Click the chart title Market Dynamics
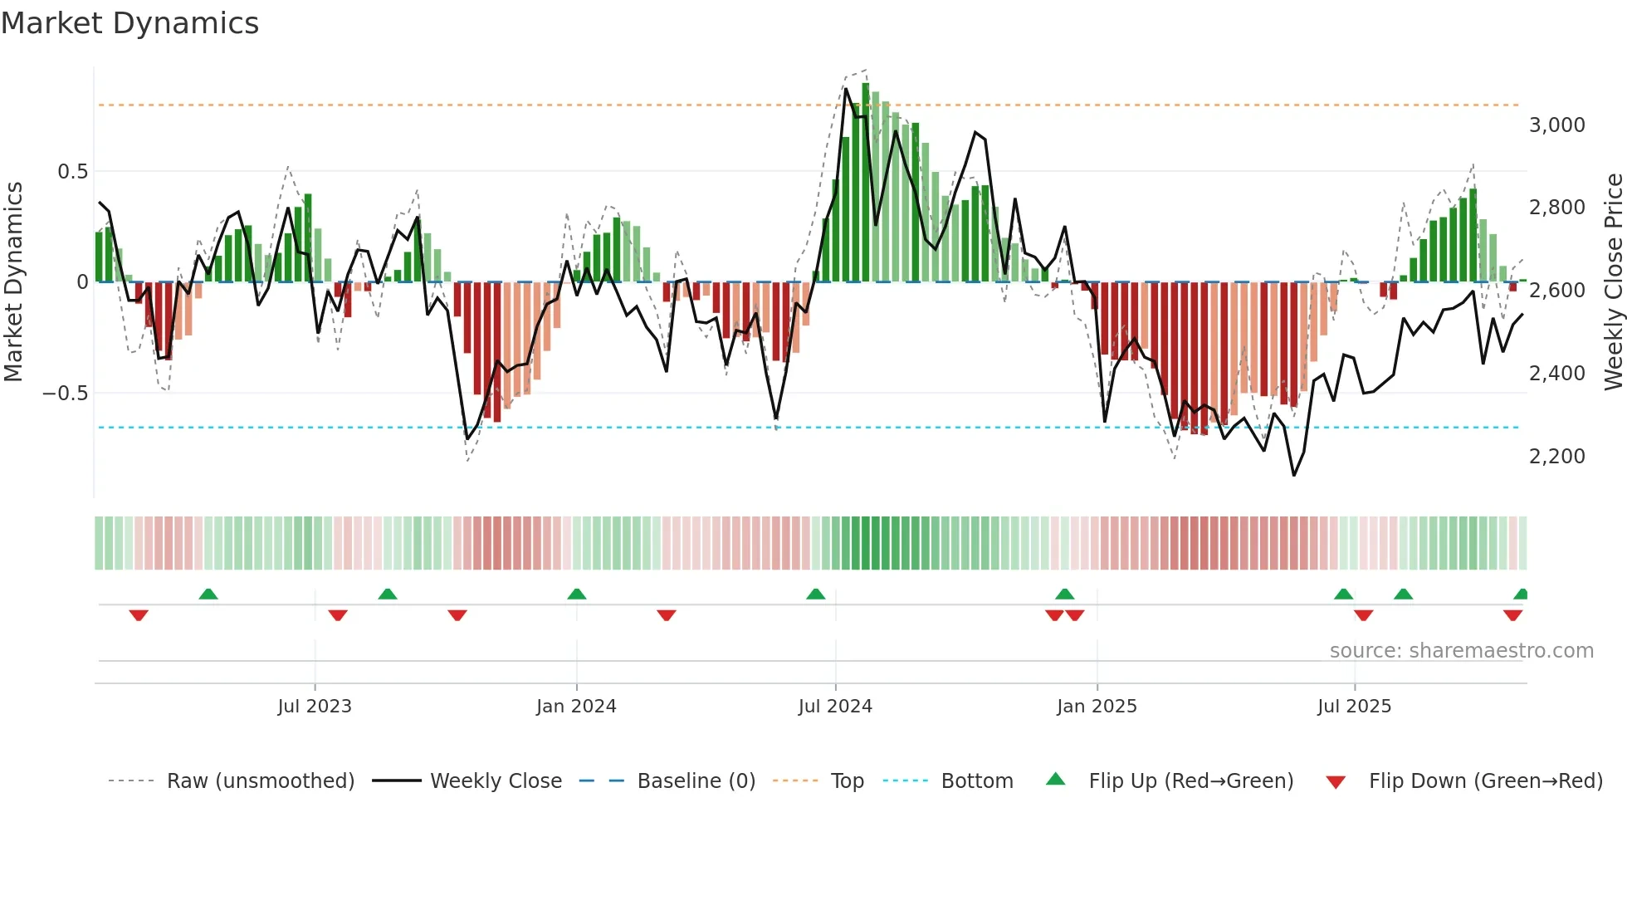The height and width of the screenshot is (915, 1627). (130, 23)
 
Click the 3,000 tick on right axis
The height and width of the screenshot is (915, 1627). (1556, 125)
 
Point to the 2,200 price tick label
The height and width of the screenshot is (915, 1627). (1556, 457)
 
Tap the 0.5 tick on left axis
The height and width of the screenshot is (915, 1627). (72, 172)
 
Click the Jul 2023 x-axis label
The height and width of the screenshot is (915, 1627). (315, 707)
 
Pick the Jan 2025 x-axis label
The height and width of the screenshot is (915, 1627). (1097, 707)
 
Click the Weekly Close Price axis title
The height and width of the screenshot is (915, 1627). (1613, 282)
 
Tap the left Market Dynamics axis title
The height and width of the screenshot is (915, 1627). (13, 282)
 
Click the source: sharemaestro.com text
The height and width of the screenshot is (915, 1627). (1461, 651)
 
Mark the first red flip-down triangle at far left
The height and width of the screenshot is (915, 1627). (139, 615)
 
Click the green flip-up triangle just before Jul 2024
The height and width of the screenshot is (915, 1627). (816, 594)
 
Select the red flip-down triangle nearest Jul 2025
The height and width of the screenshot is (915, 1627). (1363, 615)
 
